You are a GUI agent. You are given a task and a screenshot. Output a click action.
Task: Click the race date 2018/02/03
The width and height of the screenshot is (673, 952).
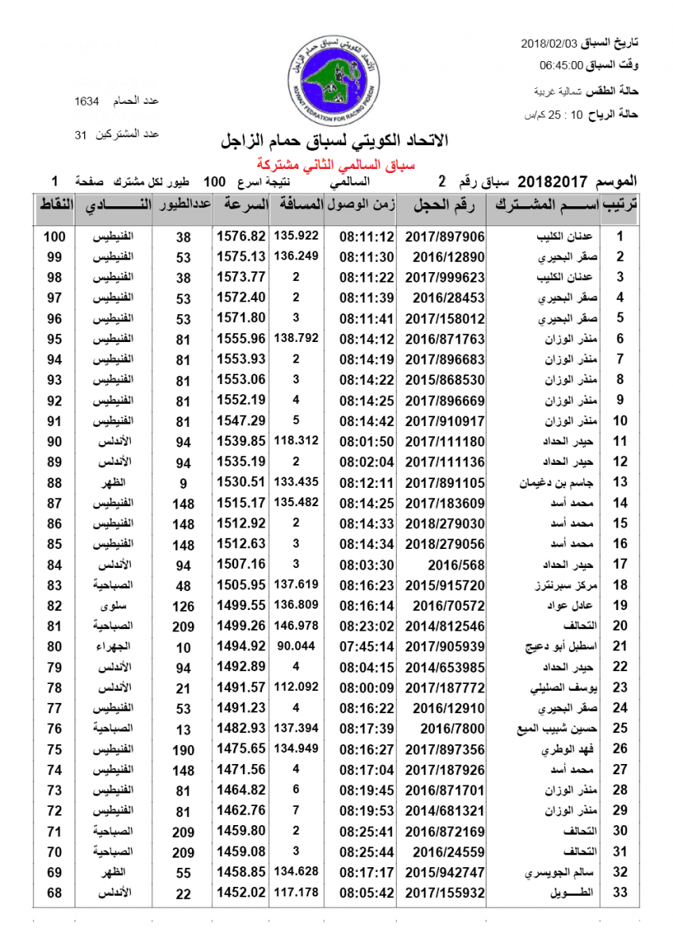(x=551, y=42)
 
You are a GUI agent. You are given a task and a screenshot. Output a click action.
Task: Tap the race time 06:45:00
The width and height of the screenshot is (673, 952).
(x=561, y=65)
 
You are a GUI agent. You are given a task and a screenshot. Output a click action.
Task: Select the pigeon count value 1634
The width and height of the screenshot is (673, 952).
(x=87, y=101)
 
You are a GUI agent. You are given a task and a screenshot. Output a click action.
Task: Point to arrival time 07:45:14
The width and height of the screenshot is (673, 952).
(x=366, y=647)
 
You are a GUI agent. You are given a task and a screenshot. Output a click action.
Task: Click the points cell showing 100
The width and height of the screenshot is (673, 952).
(x=54, y=236)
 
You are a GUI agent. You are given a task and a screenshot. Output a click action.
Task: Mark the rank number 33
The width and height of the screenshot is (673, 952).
(x=621, y=892)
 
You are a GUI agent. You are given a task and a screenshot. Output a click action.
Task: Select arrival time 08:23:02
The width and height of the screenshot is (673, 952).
(x=366, y=626)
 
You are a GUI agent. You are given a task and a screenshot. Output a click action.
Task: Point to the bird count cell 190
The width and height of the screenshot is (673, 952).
(x=183, y=749)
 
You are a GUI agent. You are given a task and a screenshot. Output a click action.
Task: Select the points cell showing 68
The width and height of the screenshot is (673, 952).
(x=54, y=892)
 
